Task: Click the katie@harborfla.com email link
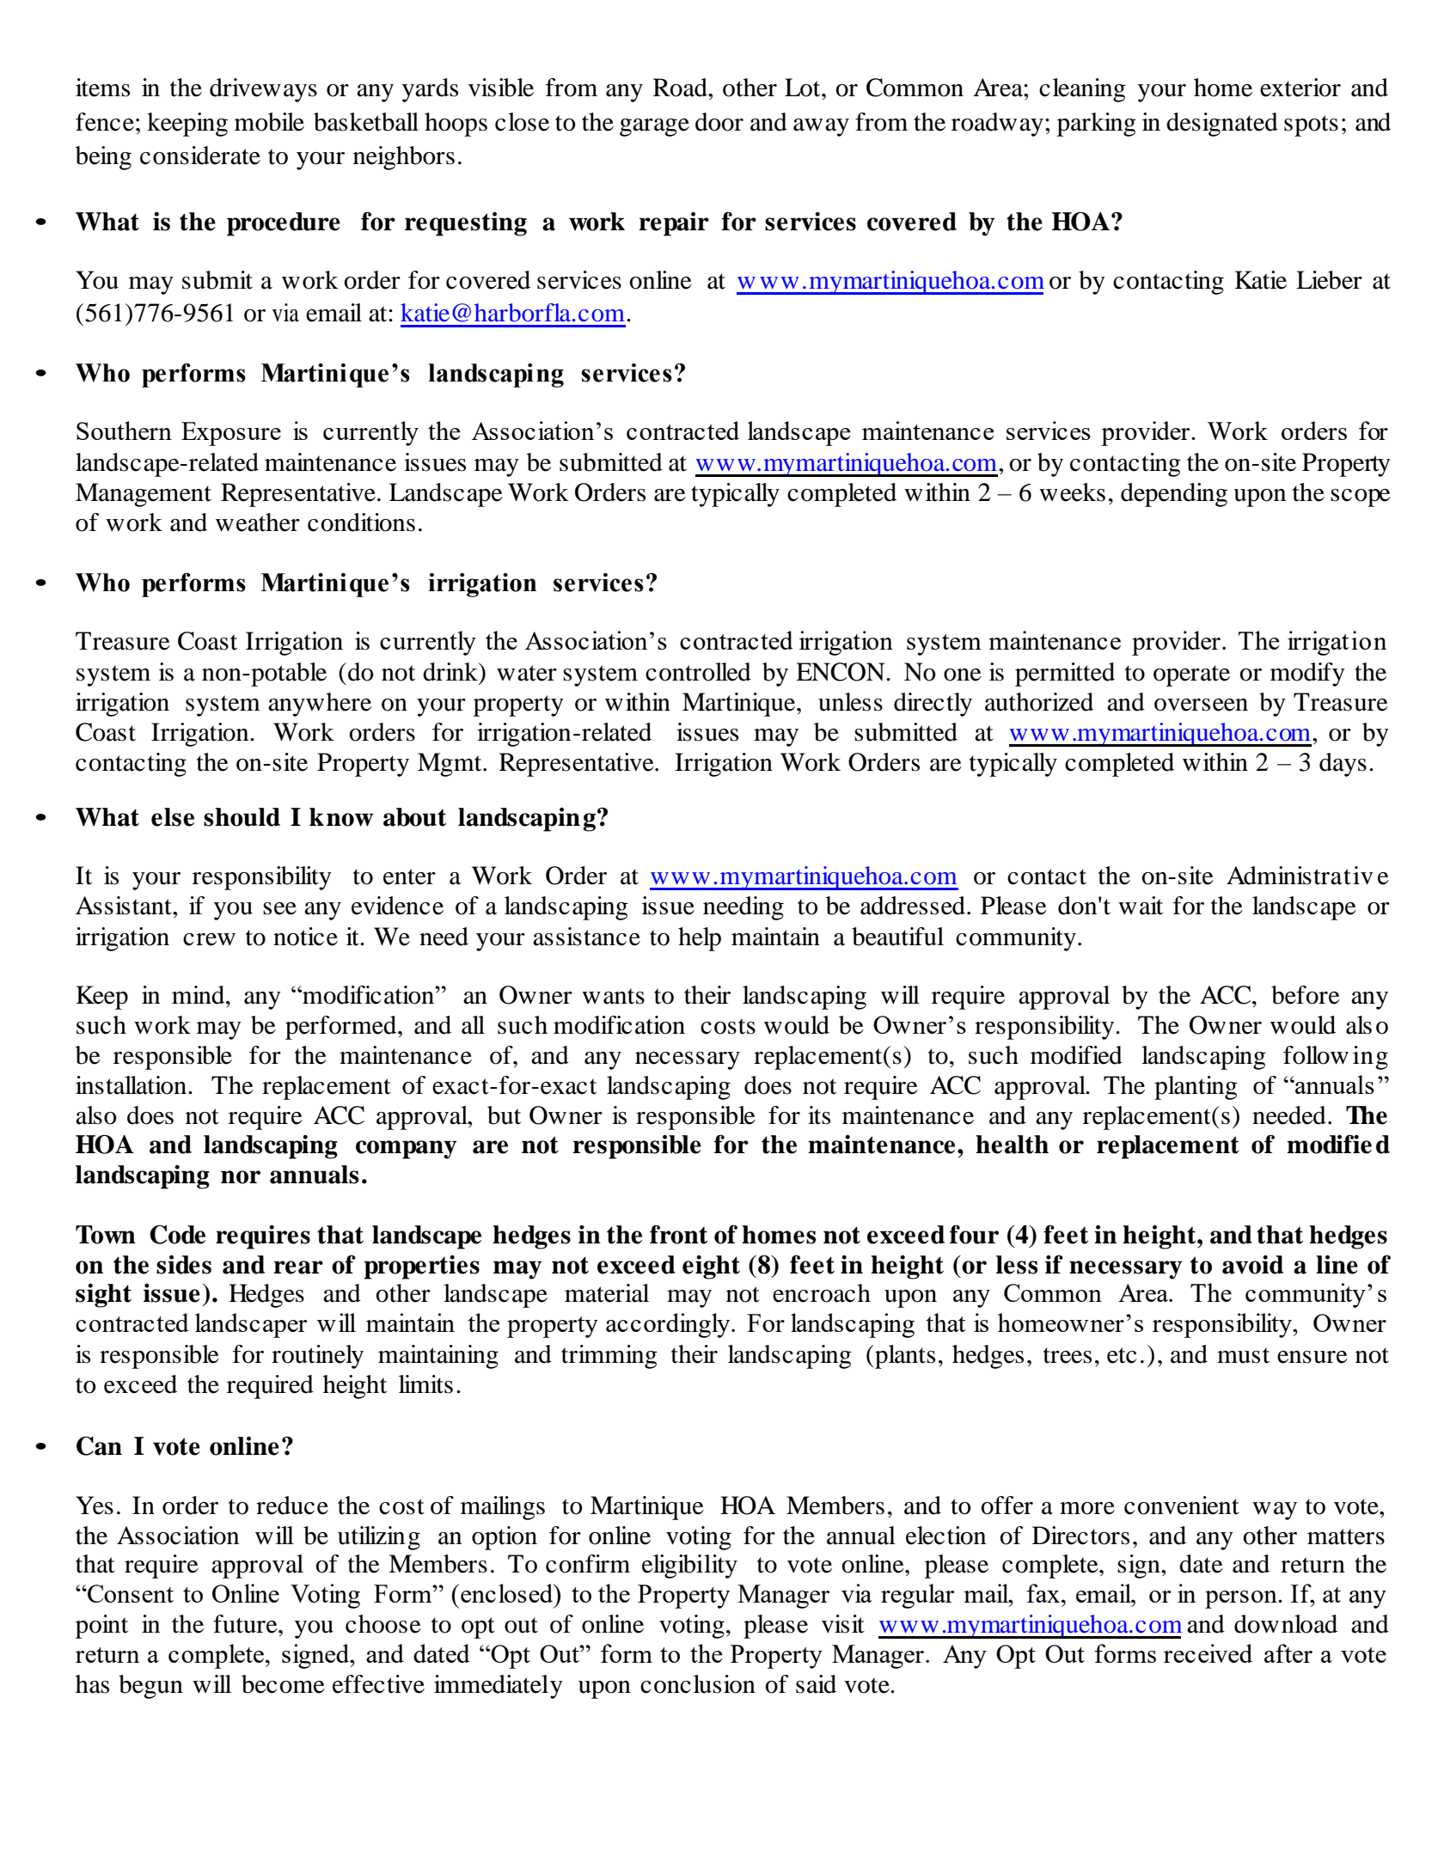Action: coord(512,314)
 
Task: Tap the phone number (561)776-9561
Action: coord(155,314)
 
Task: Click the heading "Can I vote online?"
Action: coord(184,1447)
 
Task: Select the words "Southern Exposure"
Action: coord(178,432)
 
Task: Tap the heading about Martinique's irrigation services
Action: coord(366,583)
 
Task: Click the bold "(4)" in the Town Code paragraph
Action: coord(1022,1236)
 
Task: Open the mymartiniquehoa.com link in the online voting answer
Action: coord(1030,1625)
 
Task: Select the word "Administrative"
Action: coord(1306,876)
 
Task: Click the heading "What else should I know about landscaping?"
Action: coord(341,818)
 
